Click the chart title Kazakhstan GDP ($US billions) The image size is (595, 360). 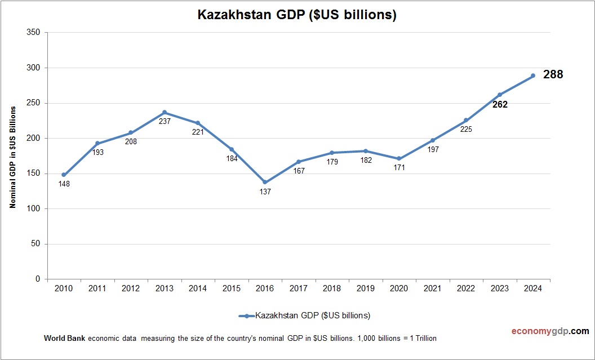click(x=297, y=15)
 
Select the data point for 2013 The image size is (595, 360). click(x=164, y=112)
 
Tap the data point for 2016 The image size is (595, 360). click(x=265, y=182)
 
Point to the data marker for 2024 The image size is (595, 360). click(x=532, y=75)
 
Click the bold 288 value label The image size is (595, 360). click(x=553, y=74)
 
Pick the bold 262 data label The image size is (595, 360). click(x=500, y=104)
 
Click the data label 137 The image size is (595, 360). click(x=265, y=192)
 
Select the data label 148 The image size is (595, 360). click(x=64, y=184)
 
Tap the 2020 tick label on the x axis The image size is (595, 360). click(x=399, y=288)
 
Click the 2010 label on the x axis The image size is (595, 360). click(x=64, y=288)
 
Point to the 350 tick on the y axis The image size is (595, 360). click(x=33, y=33)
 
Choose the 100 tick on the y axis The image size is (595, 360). click(x=33, y=209)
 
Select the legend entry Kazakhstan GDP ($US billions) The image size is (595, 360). click(x=304, y=315)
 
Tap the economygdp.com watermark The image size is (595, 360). click(x=542, y=331)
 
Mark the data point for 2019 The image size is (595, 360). click(x=365, y=151)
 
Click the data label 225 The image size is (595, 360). click(x=466, y=129)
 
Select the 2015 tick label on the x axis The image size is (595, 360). click(x=231, y=288)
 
